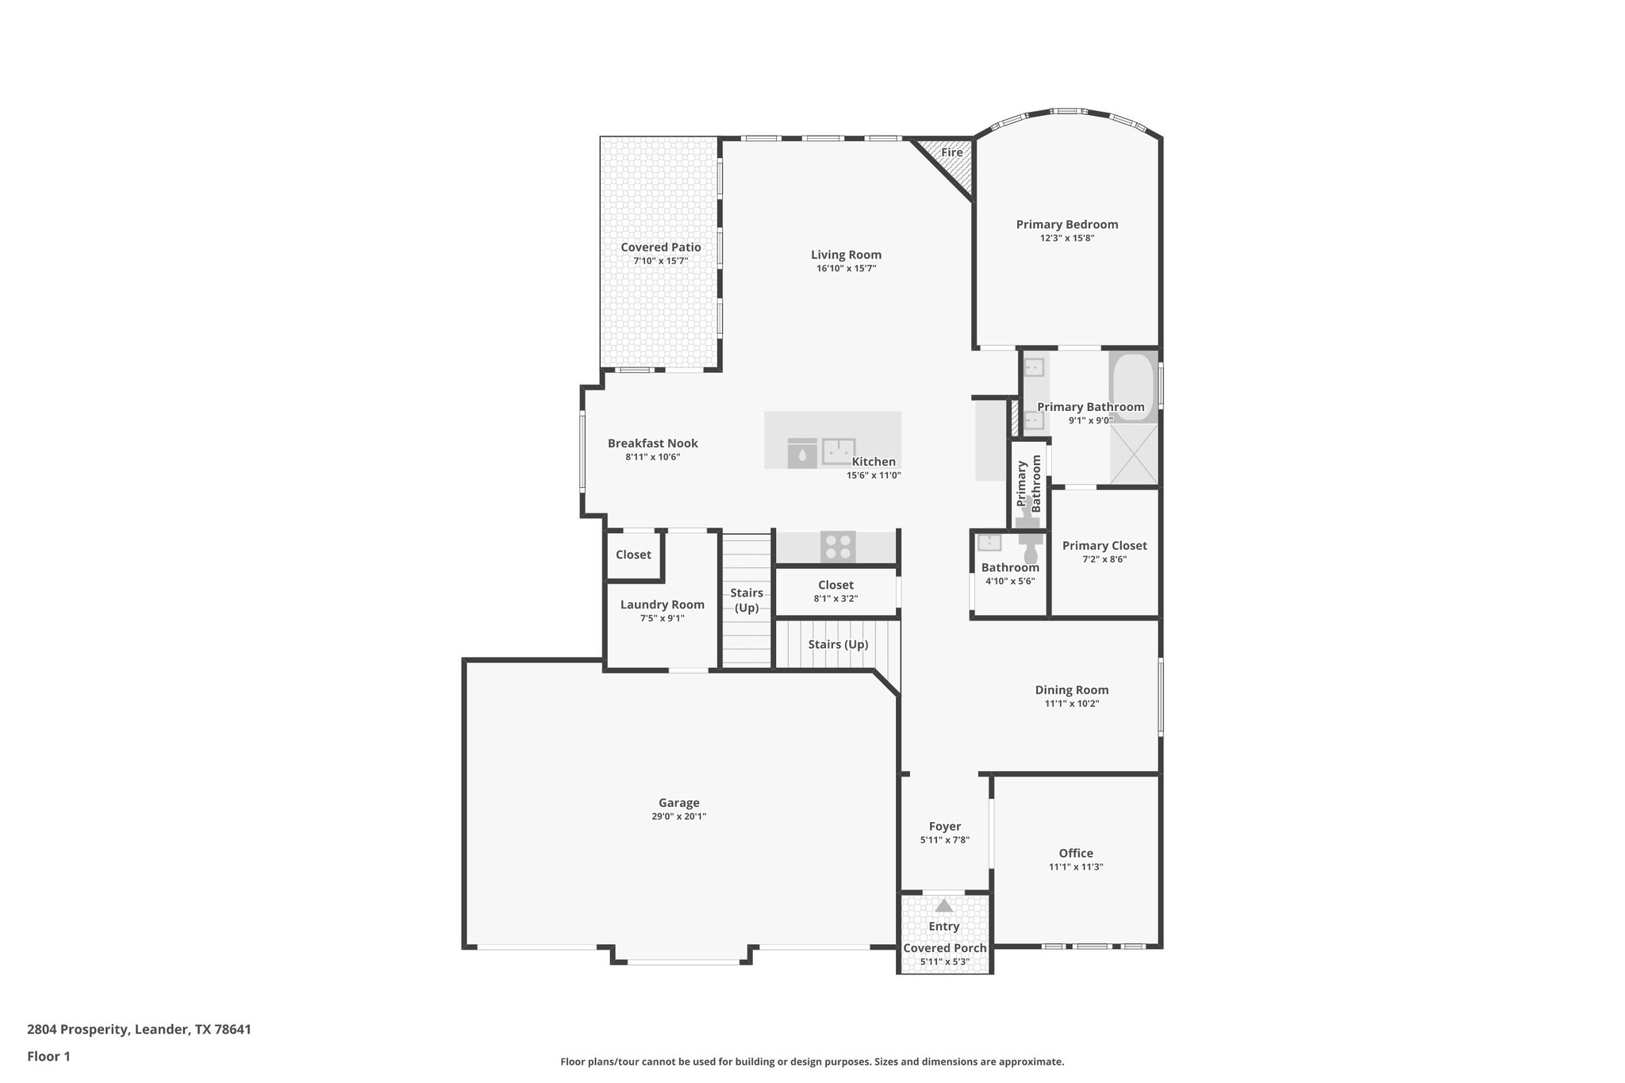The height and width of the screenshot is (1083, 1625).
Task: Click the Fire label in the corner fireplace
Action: tap(951, 152)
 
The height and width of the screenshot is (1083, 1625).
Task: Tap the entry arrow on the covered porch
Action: tap(943, 905)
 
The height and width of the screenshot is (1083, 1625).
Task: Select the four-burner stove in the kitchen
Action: tap(838, 547)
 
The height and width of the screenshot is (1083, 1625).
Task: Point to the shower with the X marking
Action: tap(1133, 454)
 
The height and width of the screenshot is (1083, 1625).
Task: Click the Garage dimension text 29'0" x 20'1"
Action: tap(678, 816)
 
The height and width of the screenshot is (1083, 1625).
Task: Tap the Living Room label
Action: tap(846, 255)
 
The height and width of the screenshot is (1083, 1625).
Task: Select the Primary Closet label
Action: tap(1104, 546)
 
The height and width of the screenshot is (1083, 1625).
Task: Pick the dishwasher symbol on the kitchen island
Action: tap(802, 453)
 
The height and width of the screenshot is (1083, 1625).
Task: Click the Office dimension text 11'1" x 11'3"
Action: tap(1076, 867)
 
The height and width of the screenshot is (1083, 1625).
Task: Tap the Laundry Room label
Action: tap(662, 605)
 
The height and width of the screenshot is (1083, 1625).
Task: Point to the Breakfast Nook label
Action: tap(652, 444)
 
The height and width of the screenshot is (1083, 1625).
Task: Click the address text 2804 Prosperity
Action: tap(78, 1030)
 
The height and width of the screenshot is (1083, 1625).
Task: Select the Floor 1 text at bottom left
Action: tap(48, 1056)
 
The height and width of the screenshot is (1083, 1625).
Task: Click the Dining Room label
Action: tap(1071, 690)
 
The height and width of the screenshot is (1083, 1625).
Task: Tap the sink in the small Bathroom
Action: tap(989, 543)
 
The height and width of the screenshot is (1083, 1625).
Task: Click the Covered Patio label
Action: tap(660, 248)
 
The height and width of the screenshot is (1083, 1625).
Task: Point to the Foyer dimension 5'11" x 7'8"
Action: tap(944, 840)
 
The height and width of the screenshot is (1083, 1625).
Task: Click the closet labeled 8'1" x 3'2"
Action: tap(836, 592)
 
